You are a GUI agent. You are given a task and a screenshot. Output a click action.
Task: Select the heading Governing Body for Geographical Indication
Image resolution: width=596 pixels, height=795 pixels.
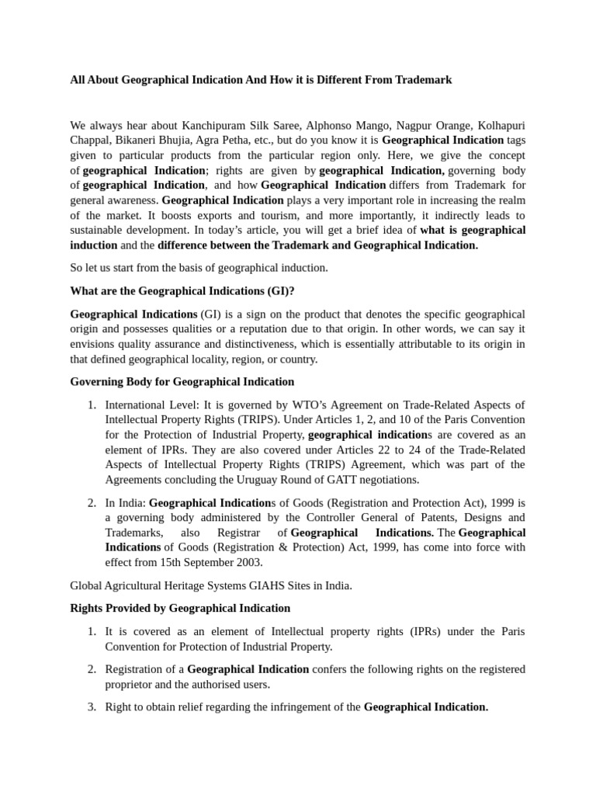click(x=182, y=381)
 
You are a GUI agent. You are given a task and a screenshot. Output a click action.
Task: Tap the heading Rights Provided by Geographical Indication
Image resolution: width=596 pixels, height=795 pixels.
click(x=180, y=608)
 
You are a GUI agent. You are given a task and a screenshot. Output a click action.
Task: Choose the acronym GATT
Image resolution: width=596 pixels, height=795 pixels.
click(x=351, y=480)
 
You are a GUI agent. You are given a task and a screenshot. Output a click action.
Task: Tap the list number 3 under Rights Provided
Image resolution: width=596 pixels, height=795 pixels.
click(x=91, y=706)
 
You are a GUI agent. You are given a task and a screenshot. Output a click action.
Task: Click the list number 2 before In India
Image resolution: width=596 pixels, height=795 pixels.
click(x=91, y=502)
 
